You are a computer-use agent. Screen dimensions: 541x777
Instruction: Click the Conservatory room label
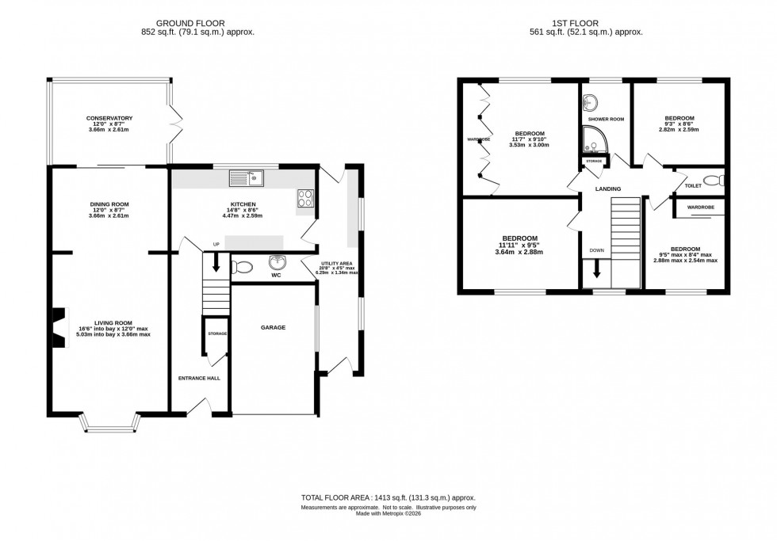(109, 118)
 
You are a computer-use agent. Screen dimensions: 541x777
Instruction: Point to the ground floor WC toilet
(240, 269)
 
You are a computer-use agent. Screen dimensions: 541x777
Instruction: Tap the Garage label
(275, 327)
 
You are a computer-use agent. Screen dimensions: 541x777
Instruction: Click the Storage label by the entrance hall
(217, 333)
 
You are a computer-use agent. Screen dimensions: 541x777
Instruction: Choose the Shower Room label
(606, 119)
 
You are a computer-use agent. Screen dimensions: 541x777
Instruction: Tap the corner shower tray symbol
(594, 139)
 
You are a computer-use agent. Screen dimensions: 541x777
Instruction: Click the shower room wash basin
(589, 103)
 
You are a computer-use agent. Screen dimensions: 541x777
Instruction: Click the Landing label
(608, 189)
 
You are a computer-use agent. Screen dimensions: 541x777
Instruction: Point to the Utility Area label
(337, 262)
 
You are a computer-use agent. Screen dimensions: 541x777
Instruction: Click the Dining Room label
(109, 204)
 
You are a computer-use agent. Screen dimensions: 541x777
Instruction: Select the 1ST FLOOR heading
(586, 23)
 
